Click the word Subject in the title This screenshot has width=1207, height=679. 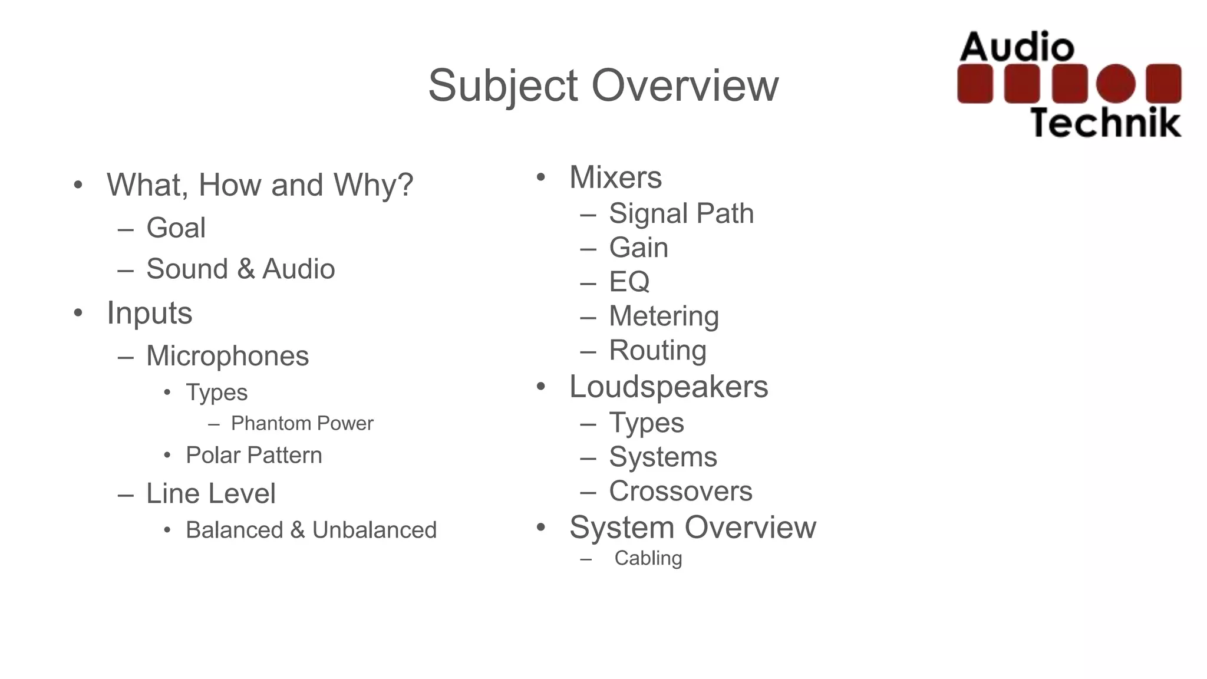502,86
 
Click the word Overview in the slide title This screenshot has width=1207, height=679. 685,86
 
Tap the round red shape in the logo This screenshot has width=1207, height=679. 1116,83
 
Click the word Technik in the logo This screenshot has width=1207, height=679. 1106,123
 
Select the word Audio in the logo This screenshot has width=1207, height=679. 1017,47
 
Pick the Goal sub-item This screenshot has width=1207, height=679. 176,228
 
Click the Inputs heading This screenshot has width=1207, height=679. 149,313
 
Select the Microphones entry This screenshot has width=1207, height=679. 227,356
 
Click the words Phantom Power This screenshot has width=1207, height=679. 302,423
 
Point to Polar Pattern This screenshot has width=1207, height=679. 253,455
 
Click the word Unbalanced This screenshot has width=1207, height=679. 374,530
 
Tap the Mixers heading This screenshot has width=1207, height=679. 615,177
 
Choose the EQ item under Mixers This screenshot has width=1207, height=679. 629,282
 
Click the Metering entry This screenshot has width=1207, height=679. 664,316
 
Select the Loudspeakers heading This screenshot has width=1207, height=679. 668,387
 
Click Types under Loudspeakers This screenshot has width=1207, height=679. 646,423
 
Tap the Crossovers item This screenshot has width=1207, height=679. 680,491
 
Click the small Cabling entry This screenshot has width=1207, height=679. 648,558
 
